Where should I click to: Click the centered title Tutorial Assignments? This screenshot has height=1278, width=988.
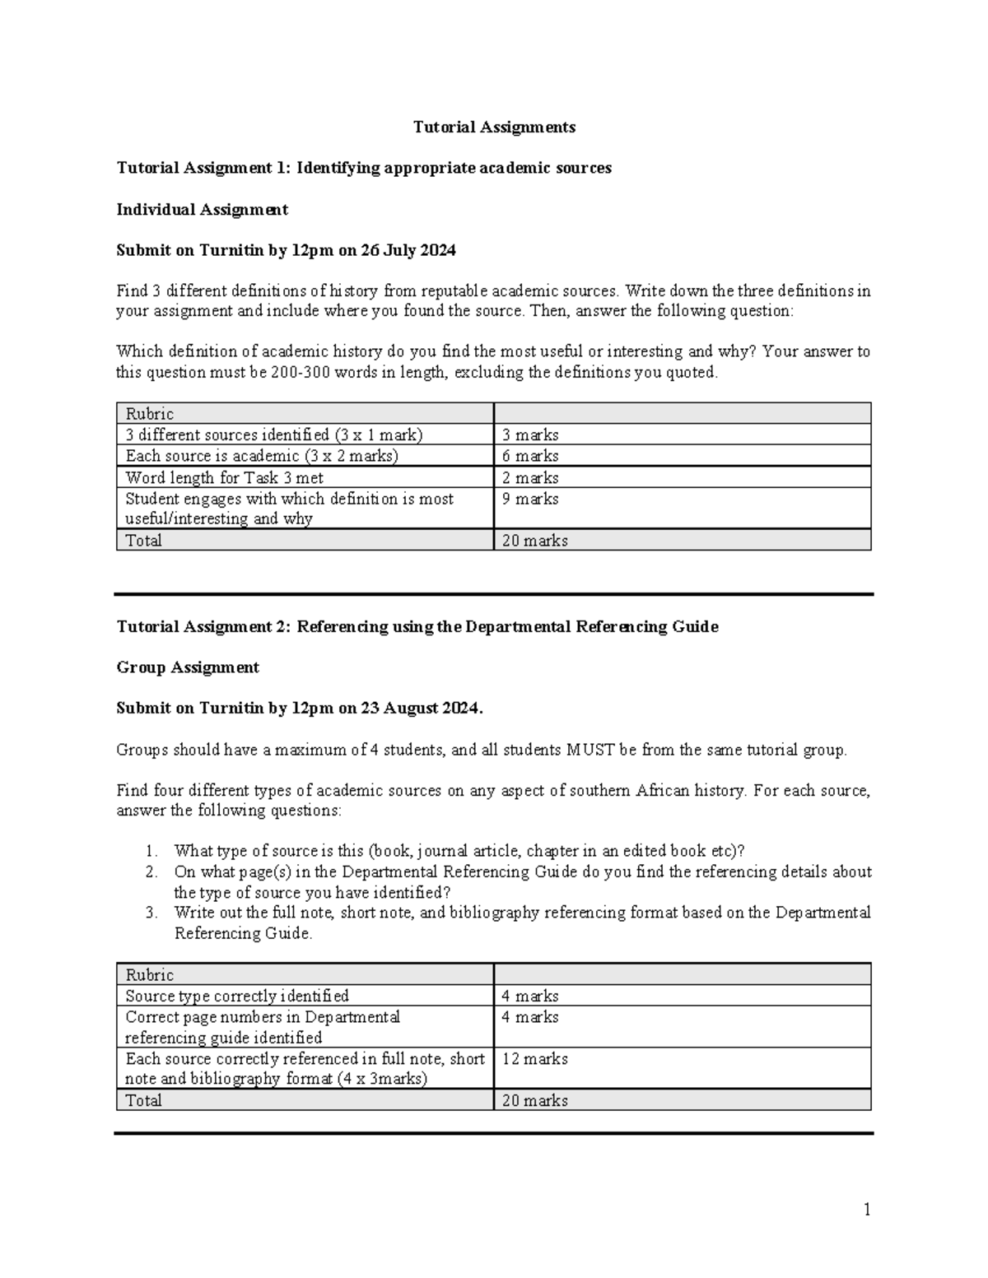pos(494,127)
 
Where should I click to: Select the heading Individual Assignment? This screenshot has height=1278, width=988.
pos(202,209)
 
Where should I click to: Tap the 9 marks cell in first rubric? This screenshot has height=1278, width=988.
pos(530,499)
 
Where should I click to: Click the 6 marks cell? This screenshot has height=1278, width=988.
pos(530,456)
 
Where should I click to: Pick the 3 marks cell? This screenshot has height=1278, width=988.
pos(530,435)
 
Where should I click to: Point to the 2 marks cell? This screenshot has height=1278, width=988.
pos(530,477)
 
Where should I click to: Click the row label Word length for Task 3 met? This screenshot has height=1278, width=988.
pos(224,477)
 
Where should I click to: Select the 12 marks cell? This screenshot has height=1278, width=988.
pos(534,1059)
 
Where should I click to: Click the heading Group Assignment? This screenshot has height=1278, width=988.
pos(188,667)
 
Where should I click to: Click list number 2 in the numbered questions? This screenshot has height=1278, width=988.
pos(151,871)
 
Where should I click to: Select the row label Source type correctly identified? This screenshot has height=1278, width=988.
pos(236,996)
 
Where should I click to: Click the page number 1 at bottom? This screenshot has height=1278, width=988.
pos(866,1209)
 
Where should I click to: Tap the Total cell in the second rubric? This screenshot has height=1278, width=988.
pos(143,1100)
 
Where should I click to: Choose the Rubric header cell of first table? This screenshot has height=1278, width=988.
pos(149,414)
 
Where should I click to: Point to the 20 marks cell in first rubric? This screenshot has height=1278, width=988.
pos(534,541)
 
